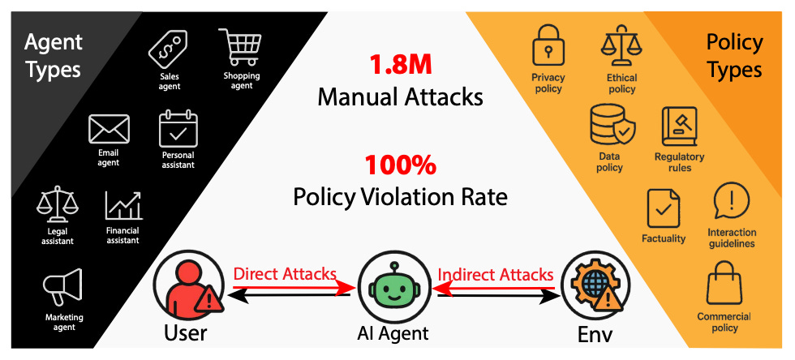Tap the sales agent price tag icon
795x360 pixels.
click(169, 50)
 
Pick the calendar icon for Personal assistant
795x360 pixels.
click(178, 129)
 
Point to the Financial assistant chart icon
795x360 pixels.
click(122, 206)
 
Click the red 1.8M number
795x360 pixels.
click(399, 64)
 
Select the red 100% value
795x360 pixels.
click(400, 165)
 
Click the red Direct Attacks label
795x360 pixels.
click(283, 274)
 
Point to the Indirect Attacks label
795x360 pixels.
click(496, 274)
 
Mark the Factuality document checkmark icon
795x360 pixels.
click(664, 208)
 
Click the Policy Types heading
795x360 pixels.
click(733, 55)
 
